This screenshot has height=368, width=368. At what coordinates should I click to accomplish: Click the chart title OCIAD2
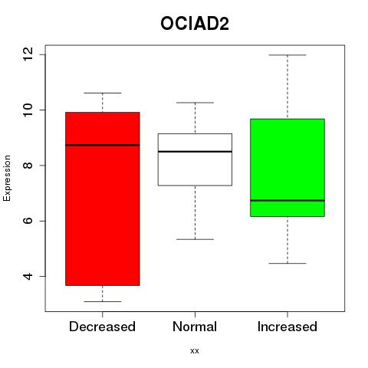click(x=195, y=24)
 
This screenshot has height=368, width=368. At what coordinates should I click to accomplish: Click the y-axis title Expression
click(x=7, y=178)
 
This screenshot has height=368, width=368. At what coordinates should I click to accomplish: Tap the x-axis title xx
click(x=195, y=351)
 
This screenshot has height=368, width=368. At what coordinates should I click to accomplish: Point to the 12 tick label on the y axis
click(x=28, y=54)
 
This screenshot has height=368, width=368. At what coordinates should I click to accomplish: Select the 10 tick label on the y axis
click(x=28, y=110)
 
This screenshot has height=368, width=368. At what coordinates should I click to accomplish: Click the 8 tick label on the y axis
click(x=28, y=166)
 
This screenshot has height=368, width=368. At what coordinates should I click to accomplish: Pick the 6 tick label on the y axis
click(x=28, y=221)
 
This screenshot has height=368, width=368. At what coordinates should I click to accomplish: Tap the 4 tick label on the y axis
click(x=28, y=276)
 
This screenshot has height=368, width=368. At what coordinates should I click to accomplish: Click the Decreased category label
click(x=102, y=327)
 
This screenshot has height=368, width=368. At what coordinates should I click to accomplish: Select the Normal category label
click(x=195, y=327)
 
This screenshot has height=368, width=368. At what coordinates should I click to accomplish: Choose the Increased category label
click(x=287, y=327)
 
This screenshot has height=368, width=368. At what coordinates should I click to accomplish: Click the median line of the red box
click(x=103, y=145)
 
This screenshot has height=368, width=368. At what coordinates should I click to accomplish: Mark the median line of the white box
click(x=195, y=152)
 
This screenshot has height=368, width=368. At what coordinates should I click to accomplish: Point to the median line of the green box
click(x=287, y=200)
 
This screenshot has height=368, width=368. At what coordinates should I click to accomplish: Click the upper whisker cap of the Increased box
click(x=287, y=55)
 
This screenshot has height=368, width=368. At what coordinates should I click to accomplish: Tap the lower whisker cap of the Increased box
click(x=287, y=263)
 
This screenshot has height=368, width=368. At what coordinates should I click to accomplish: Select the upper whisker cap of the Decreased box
click(x=103, y=93)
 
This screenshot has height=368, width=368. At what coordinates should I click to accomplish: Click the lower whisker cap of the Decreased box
click(x=103, y=301)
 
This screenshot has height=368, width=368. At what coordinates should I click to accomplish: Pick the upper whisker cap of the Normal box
click(x=195, y=103)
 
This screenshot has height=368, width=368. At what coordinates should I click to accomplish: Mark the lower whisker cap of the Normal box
click(x=195, y=239)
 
